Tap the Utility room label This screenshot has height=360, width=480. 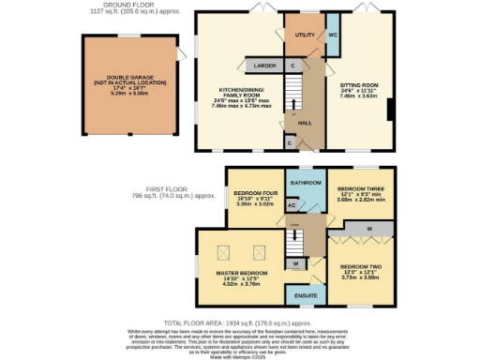tap(304, 35)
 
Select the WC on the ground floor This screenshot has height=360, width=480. tap(332, 35)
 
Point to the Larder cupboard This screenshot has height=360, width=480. tap(262, 66)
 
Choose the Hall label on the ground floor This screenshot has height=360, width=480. tap(305, 123)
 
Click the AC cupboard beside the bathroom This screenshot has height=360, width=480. tap(292, 204)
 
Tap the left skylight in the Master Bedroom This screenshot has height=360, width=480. tap(224, 251)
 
